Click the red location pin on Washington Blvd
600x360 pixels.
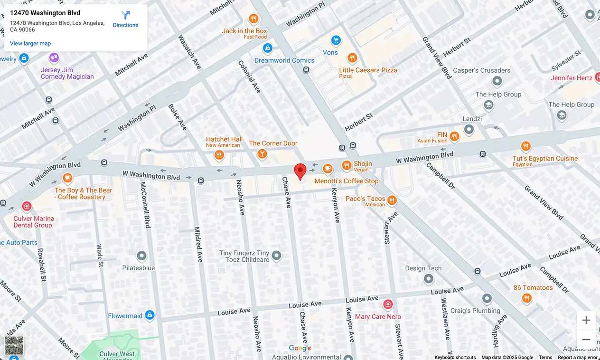[300, 171]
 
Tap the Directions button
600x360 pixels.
[125, 19]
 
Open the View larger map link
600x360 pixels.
[30, 43]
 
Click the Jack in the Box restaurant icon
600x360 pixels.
[253, 19]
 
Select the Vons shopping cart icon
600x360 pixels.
[336, 40]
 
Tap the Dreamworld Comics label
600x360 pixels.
[284, 60]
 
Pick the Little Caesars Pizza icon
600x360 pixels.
[352, 58]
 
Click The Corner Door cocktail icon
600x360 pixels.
[262, 154]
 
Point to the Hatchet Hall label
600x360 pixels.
[224, 139]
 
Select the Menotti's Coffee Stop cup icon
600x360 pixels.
[328, 169]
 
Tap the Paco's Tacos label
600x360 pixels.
[365, 199]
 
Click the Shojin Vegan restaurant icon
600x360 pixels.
[347, 166]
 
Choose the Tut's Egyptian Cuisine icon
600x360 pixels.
[525, 146]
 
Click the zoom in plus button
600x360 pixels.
[586, 320]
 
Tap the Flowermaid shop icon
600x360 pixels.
[150, 315]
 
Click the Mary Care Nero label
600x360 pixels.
[378, 316]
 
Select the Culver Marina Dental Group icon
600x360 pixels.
[27, 206]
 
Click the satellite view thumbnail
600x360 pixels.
[14, 345]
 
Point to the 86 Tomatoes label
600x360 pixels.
[533, 287]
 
